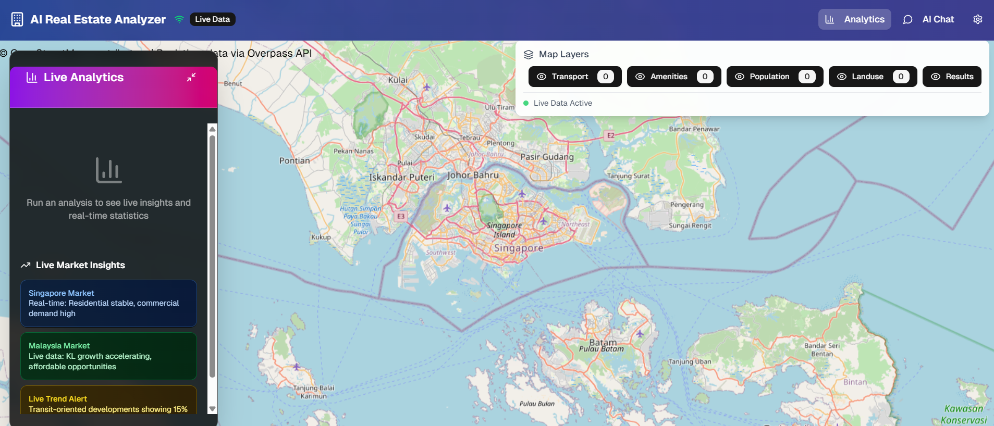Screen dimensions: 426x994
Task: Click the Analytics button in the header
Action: tap(854, 19)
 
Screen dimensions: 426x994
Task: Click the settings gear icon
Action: tap(977, 19)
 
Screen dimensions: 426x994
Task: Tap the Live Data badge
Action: tap(212, 19)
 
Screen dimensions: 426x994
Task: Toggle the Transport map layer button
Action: tap(574, 77)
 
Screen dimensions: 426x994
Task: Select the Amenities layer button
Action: tap(673, 77)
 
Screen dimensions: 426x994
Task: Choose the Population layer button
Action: tap(774, 77)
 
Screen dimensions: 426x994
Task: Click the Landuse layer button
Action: tap(872, 77)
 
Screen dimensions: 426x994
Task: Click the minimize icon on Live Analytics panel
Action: tap(191, 77)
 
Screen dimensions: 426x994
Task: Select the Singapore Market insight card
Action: tap(108, 303)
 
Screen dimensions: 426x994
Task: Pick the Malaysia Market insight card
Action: tap(108, 356)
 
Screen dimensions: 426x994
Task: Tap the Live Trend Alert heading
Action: tap(58, 399)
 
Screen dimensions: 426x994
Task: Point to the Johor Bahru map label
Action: tap(473, 175)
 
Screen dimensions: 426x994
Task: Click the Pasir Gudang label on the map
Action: tap(547, 157)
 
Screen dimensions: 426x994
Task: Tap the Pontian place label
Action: tap(294, 160)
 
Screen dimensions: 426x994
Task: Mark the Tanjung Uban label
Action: tap(690, 361)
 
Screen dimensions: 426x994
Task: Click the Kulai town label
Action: tap(398, 80)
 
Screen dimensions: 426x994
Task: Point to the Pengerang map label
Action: tap(686, 205)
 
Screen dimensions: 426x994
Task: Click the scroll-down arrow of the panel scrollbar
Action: tap(212, 409)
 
